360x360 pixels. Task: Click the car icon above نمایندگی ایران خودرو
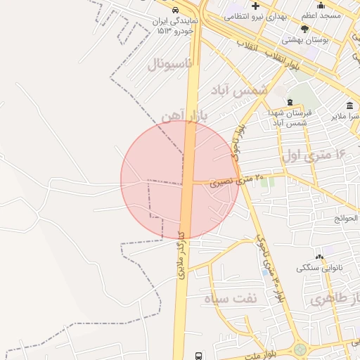[173, 11]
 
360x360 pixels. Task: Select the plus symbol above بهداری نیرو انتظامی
[256, 6]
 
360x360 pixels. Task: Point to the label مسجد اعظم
[321, 15]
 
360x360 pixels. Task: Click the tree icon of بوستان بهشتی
[304, 29]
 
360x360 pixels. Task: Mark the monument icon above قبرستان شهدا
[290, 103]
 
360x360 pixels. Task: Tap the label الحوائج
[347, 218]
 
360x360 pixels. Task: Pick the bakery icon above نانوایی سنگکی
[319, 257]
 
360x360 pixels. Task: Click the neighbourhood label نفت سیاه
[231, 298]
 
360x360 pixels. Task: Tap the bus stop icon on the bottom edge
[198, 356]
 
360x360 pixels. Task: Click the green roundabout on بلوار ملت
[300, 349]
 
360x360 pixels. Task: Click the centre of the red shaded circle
[180, 180]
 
